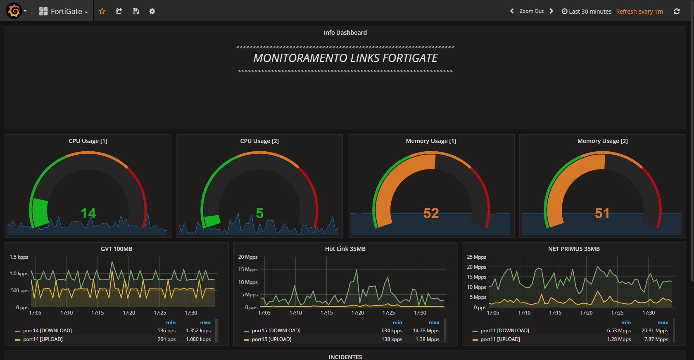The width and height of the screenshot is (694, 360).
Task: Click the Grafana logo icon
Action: [14, 11]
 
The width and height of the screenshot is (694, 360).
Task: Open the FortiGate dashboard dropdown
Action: [64, 12]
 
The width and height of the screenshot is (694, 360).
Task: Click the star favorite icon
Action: [102, 11]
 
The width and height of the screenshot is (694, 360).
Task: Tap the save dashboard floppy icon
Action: [135, 11]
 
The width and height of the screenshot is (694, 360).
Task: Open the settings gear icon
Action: [152, 11]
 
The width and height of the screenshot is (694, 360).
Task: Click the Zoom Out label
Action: [531, 11]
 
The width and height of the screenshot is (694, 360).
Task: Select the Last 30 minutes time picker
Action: [587, 12]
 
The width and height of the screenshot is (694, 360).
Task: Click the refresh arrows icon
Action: [677, 11]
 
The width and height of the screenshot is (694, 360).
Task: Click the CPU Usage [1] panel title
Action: [88, 141]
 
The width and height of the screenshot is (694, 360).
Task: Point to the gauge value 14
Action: [88, 213]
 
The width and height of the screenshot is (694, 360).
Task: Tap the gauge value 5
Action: [259, 213]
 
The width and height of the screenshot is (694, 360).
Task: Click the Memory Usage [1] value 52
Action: [431, 213]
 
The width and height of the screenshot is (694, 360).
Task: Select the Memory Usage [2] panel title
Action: [602, 141]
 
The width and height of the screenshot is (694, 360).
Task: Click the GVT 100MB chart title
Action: [116, 249]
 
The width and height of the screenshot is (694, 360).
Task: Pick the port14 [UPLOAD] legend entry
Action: [43, 339]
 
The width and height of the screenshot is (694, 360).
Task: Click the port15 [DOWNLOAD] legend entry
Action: [276, 331]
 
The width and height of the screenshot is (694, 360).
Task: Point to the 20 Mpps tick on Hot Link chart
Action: [248, 257]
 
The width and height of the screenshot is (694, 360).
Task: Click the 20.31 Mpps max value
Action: [654, 331]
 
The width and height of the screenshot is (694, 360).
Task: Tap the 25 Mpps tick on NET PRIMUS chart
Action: [476, 257]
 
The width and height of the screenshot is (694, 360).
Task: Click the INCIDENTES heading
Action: [345, 357]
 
